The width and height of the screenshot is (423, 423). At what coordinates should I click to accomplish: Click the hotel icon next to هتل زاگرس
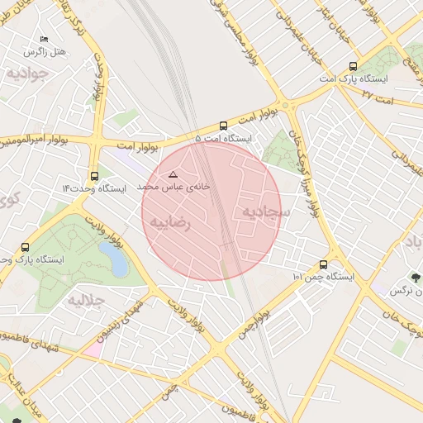coord(44,39)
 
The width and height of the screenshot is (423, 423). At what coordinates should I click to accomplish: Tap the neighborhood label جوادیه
coord(25,73)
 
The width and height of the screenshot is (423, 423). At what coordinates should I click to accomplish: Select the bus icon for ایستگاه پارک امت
coord(354,67)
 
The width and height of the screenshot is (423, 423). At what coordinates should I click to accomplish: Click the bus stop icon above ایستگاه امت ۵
coord(223,126)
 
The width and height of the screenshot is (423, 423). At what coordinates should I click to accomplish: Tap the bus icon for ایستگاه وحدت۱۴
coord(94,176)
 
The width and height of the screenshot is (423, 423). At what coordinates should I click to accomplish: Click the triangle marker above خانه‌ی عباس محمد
coord(173,174)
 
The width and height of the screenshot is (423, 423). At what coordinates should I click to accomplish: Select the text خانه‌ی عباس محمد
coord(173,188)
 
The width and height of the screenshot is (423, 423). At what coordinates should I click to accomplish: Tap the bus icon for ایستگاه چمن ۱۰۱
coord(322,265)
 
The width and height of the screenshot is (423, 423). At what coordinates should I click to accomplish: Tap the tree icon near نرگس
coord(414,278)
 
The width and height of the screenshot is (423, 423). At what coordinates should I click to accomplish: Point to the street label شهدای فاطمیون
coord(29,338)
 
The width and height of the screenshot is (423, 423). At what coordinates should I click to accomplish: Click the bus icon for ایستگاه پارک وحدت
coord(25,247)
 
